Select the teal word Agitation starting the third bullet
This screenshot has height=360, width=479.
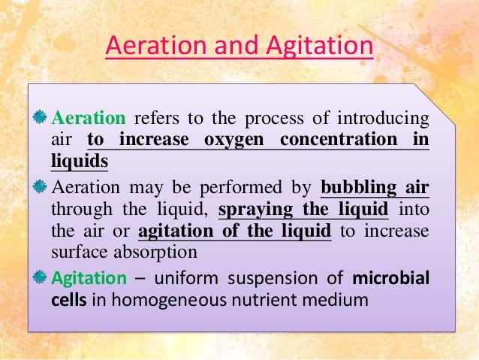click(89, 278)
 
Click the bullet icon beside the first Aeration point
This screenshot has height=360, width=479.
click(41, 118)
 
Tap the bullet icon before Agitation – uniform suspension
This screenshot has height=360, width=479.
click(41, 278)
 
